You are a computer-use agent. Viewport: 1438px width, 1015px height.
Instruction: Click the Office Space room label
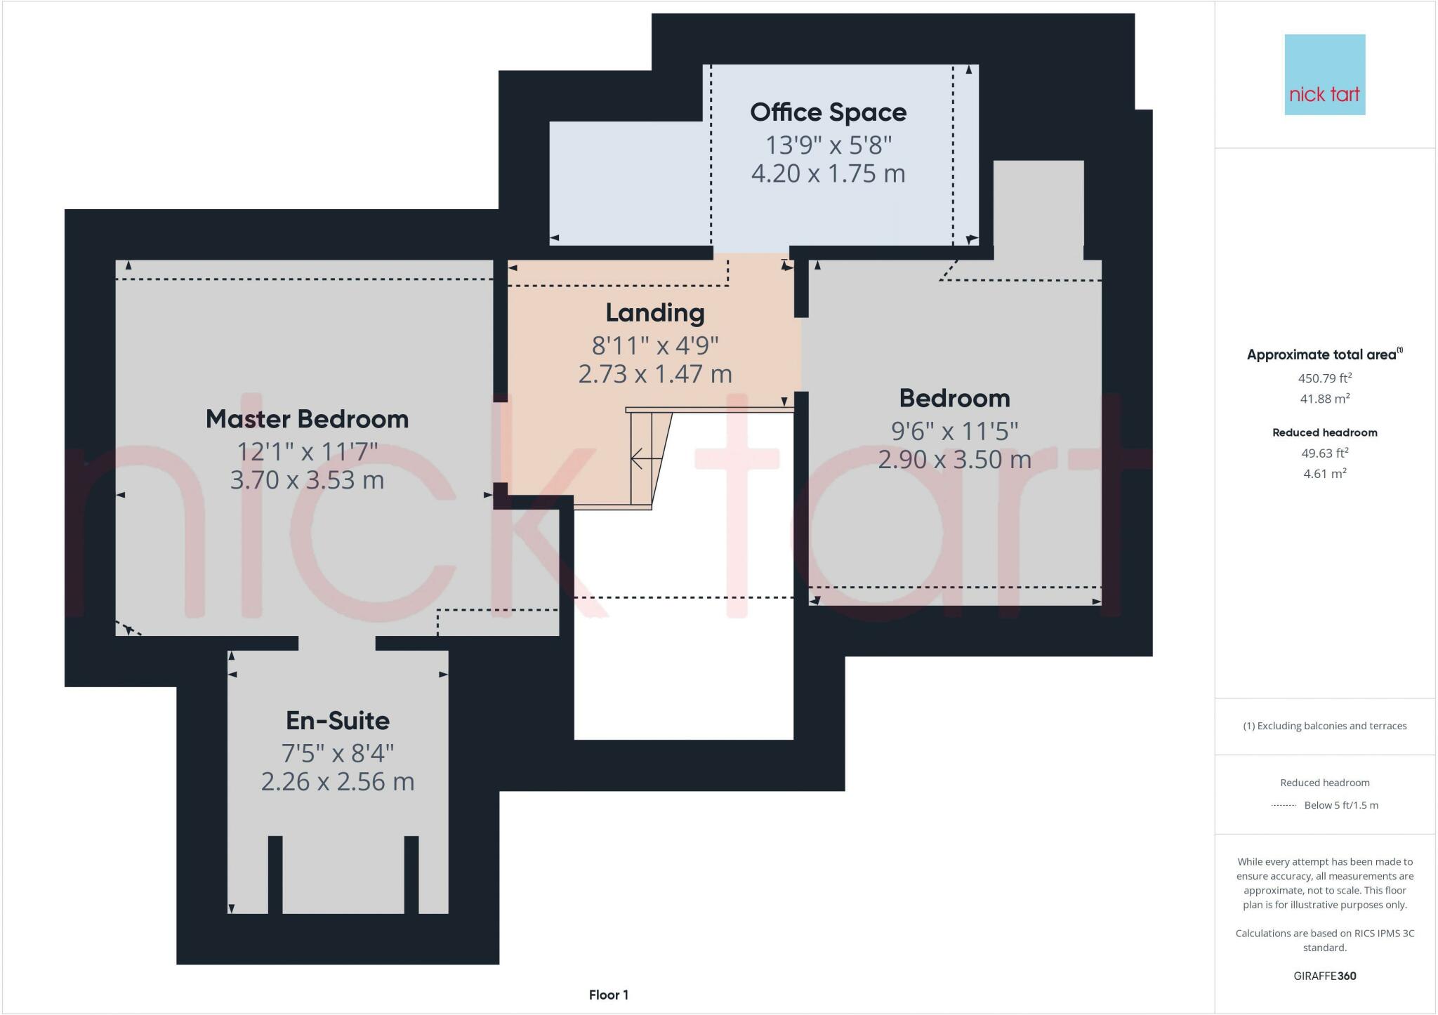click(x=828, y=112)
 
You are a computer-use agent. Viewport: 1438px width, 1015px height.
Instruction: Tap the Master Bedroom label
click(x=307, y=419)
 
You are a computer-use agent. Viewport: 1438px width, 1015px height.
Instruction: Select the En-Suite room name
click(x=337, y=720)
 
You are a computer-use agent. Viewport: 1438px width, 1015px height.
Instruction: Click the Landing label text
click(x=654, y=313)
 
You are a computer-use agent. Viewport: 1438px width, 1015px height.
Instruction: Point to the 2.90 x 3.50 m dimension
click(x=954, y=460)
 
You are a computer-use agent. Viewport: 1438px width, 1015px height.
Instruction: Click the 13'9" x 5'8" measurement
click(x=828, y=145)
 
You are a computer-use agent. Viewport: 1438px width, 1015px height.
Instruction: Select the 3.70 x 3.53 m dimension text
click(x=307, y=480)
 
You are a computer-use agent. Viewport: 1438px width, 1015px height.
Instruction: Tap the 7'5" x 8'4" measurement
click(x=337, y=753)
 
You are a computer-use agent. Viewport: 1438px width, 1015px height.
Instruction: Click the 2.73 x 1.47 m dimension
click(x=654, y=374)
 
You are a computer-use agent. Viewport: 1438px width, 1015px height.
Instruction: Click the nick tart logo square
click(x=1324, y=74)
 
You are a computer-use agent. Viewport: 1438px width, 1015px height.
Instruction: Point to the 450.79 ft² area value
click(x=1324, y=378)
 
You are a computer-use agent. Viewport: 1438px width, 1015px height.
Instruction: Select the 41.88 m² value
click(x=1324, y=399)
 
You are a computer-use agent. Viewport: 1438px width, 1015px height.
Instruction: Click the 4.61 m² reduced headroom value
click(x=1324, y=474)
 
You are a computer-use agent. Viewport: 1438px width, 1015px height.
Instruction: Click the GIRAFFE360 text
click(x=1324, y=976)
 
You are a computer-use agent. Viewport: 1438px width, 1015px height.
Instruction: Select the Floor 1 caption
click(x=608, y=995)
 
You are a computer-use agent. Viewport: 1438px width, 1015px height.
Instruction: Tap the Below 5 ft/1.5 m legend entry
click(x=1340, y=805)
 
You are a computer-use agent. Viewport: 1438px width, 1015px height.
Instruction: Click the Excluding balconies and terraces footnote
click(x=1324, y=726)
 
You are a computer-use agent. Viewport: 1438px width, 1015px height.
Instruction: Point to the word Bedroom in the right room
click(x=954, y=399)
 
